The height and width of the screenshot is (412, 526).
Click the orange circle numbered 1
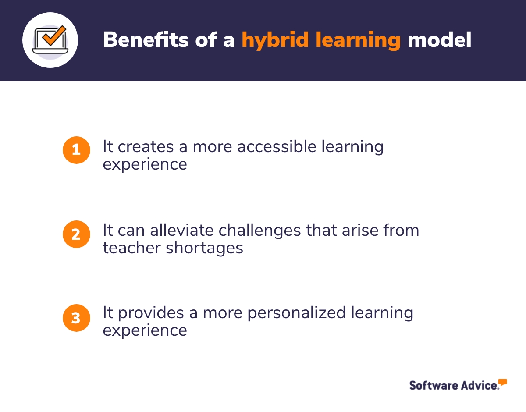76,150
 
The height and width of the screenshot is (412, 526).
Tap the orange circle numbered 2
76,234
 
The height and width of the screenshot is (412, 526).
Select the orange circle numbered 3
76,317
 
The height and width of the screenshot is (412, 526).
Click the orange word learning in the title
358,40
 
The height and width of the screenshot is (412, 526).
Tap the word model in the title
439,40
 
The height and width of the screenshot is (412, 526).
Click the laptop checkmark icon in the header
50,40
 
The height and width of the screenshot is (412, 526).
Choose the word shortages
205,248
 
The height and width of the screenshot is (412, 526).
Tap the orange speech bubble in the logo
502,383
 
